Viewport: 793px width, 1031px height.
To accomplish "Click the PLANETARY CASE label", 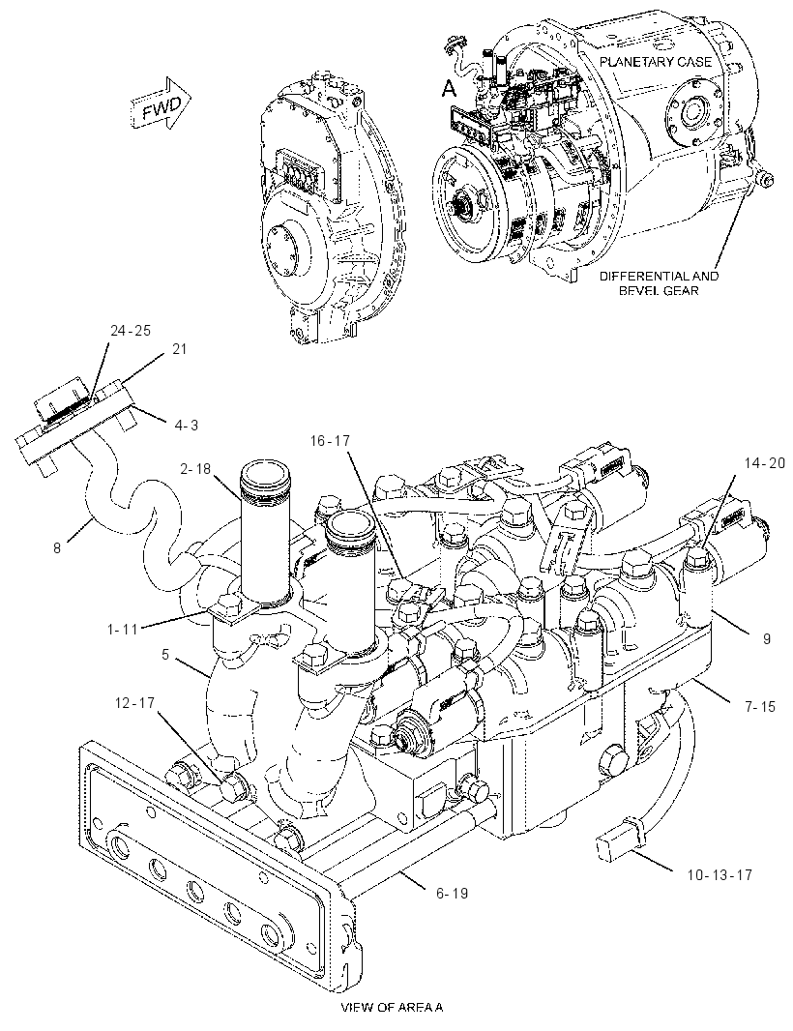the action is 655,62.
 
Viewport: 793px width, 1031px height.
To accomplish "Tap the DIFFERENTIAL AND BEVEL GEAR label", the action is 659,282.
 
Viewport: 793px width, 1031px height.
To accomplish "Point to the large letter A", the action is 448,87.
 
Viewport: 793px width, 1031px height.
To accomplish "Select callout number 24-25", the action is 131,331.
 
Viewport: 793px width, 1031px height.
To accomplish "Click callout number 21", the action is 180,349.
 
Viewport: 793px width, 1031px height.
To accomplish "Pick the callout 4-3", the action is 186,426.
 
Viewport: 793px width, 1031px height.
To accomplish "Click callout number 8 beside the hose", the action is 57,547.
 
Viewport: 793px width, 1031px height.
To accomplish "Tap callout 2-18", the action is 195,468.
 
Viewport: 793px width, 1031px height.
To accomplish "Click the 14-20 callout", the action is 764,462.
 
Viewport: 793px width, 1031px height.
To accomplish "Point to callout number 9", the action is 766,638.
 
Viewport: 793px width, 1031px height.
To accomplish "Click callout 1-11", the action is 123,629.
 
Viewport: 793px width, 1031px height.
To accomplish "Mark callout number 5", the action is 165,655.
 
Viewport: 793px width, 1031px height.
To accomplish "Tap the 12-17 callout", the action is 133,703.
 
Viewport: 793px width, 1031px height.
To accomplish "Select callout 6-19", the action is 452,894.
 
